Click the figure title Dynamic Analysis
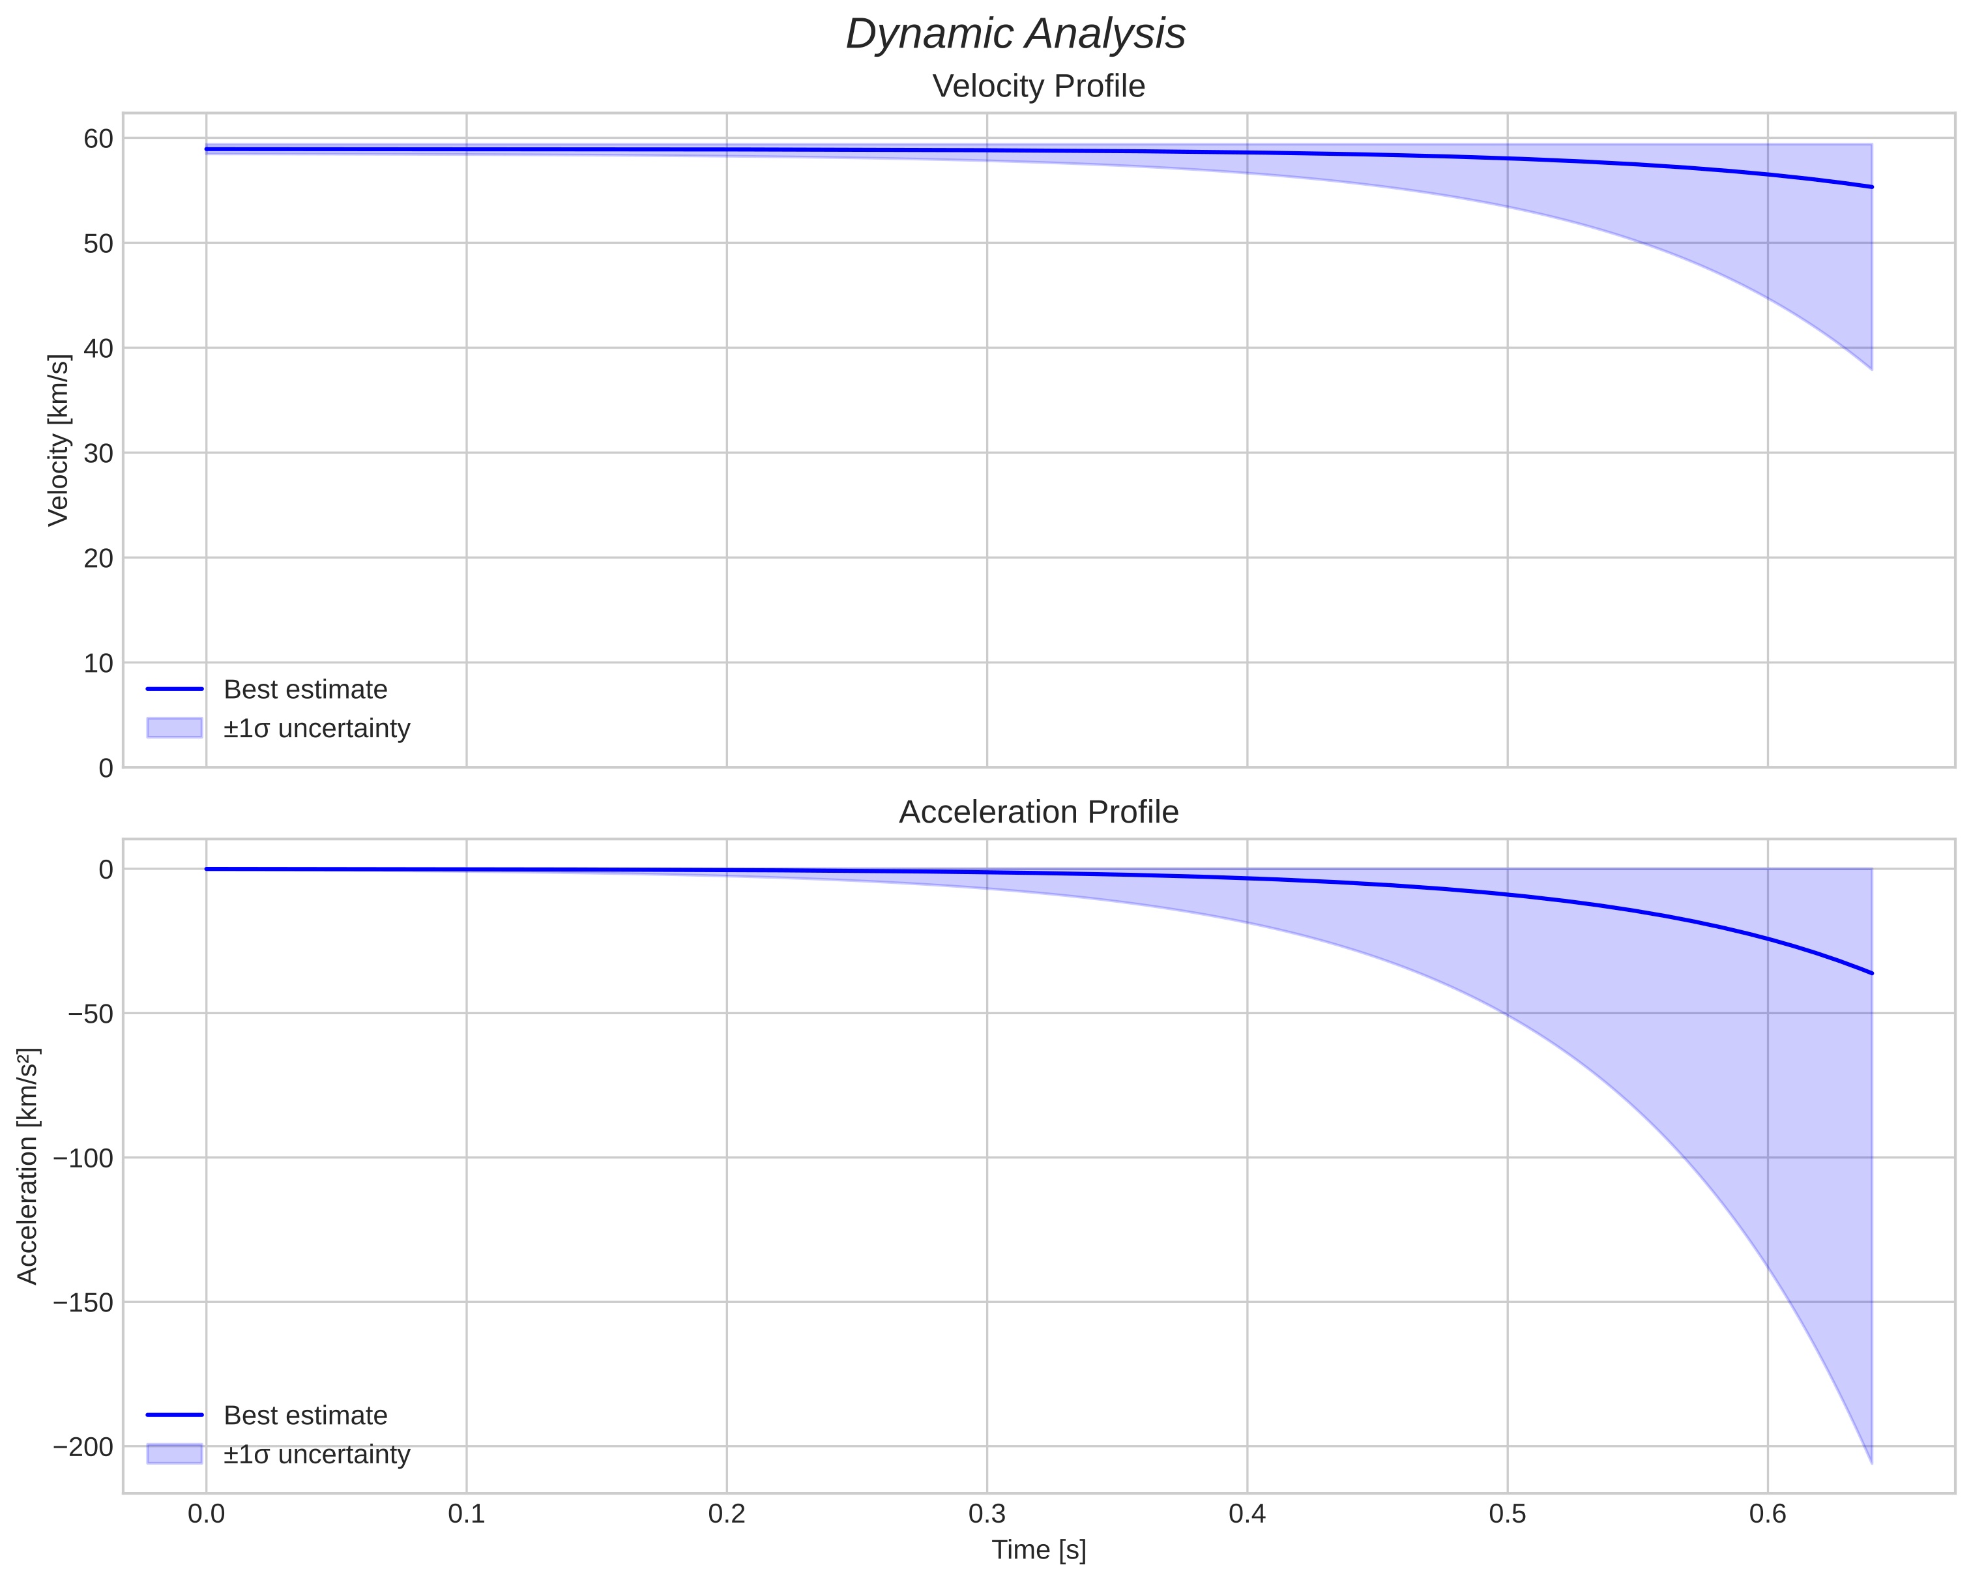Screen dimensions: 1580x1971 point(1015,35)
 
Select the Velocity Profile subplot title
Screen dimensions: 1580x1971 point(1038,87)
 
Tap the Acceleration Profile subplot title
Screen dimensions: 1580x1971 point(1038,812)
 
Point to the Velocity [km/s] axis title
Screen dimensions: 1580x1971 point(59,440)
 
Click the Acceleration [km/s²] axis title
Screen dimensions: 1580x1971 point(27,1166)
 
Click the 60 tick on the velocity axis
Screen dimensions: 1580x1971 point(98,138)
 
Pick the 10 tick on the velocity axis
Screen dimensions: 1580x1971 point(98,663)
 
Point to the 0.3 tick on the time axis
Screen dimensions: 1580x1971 point(987,1514)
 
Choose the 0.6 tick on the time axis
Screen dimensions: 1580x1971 point(1767,1514)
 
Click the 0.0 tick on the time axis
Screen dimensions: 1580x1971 point(207,1514)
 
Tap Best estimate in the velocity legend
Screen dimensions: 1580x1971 point(305,690)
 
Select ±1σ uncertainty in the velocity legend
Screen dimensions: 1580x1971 point(316,729)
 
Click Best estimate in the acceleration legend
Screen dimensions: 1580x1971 point(305,1416)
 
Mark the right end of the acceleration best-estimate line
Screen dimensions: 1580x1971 point(1871,973)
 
